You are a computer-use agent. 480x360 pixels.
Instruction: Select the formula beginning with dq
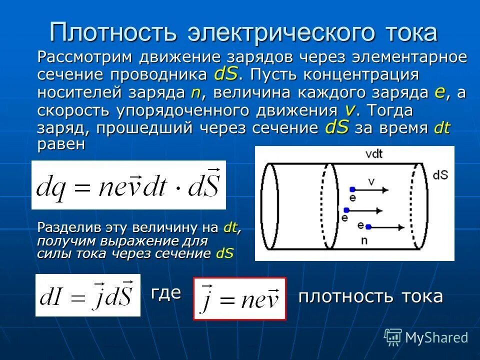[128, 185]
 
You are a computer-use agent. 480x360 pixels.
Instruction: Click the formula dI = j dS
[87, 295]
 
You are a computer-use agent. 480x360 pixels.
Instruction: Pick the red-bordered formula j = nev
[239, 298]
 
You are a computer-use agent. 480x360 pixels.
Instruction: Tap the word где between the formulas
[166, 292]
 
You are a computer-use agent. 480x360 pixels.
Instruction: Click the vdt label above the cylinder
[373, 154]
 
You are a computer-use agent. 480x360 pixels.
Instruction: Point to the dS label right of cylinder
[440, 175]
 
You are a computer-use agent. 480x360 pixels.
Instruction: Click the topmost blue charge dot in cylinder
[352, 190]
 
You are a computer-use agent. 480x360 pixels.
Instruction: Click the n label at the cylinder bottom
[363, 240]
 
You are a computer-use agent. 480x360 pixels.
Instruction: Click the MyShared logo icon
[393, 336]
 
